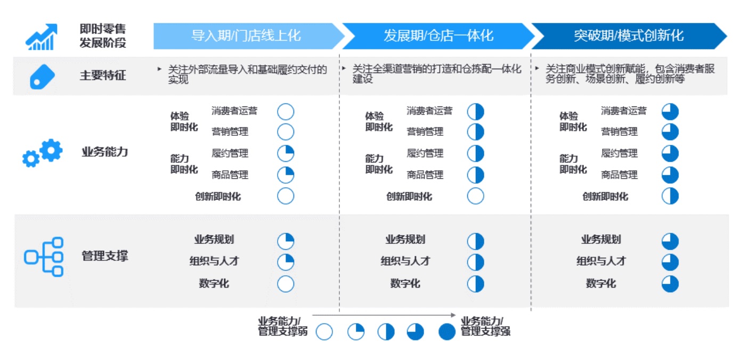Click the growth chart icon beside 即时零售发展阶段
[42, 37]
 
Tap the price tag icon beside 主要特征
[43, 77]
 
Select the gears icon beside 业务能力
[43, 153]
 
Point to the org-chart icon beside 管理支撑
[44, 257]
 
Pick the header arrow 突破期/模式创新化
[629, 36]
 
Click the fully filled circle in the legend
[447, 332]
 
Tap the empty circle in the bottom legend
[324, 332]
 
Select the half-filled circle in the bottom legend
[386, 332]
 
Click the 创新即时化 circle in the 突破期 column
[670, 196]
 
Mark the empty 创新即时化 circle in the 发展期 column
[476, 196]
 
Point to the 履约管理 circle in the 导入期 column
[286, 153]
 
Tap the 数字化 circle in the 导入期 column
[286, 284]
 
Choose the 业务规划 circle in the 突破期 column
[670, 241]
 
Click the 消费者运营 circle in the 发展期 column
[476, 111]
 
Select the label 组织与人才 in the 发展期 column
[405, 261]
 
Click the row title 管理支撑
[105, 256]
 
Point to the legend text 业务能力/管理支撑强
[485, 326]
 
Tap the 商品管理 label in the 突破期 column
[620, 175]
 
